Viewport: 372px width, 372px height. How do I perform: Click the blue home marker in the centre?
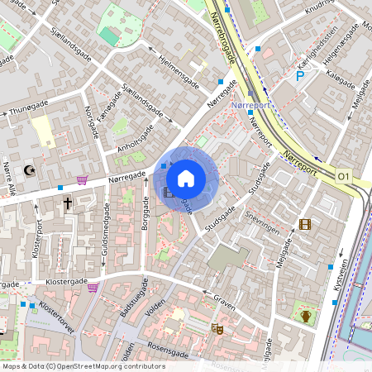point(186,178)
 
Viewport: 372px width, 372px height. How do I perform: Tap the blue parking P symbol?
point(300,76)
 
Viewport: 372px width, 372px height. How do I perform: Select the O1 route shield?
point(343,177)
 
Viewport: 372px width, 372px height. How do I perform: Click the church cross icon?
point(67,202)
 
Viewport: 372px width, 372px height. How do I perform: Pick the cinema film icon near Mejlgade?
point(305,224)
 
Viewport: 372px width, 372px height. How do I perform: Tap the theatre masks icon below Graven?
point(218,328)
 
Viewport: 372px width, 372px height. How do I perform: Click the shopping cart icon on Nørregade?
point(82,179)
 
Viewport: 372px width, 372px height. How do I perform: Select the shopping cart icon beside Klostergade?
point(93,288)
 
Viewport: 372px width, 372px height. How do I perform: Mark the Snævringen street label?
point(264,222)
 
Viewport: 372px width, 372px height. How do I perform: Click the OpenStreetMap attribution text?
point(83,366)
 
